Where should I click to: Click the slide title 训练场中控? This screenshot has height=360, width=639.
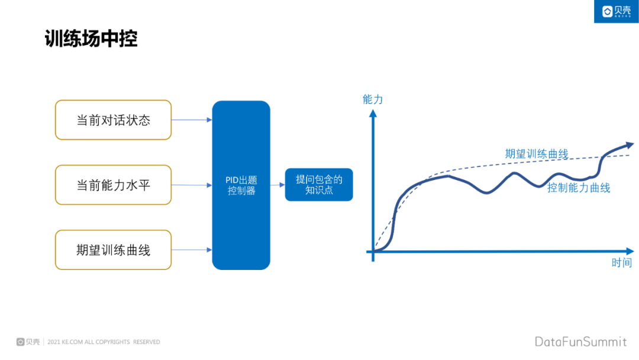[91, 38]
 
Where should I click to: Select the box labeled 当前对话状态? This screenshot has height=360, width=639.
[113, 120]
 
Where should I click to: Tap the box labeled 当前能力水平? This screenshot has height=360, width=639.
[113, 185]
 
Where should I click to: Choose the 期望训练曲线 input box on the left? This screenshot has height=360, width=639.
[113, 250]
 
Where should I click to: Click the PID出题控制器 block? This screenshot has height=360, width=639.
[241, 185]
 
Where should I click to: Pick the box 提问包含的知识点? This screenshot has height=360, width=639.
[319, 185]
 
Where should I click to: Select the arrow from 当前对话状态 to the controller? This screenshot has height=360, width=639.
[191, 120]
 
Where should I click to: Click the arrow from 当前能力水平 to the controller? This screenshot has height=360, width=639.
[191, 185]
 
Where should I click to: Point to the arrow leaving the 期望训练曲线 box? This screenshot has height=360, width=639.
[191, 250]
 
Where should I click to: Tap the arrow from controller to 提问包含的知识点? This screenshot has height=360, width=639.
[277, 185]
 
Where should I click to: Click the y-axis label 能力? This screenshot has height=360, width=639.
[373, 99]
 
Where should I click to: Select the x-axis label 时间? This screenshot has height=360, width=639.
[621, 263]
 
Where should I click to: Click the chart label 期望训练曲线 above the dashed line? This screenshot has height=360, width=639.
[536, 154]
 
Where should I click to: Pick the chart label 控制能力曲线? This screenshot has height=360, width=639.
[578, 188]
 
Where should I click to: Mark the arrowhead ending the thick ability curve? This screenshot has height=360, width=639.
[628, 144]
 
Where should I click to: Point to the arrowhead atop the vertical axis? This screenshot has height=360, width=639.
[373, 114]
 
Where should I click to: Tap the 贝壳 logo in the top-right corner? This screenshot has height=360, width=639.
[616, 11]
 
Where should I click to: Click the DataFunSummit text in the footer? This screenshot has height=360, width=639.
[580, 342]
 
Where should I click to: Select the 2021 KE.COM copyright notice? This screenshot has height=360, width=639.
[103, 342]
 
